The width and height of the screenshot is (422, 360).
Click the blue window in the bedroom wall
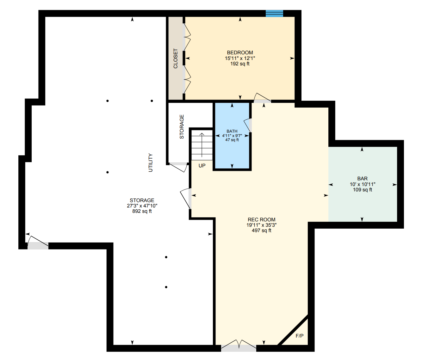tap(274, 14)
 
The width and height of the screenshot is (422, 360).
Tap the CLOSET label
tap(176, 58)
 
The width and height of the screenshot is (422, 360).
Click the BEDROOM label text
tap(240, 53)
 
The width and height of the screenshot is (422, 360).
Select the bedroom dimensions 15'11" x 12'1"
tap(240, 58)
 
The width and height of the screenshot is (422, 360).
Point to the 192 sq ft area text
tap(240, 64)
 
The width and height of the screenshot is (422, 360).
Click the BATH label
tap(232, 131)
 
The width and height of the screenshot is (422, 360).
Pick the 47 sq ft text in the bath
tap(232, 140)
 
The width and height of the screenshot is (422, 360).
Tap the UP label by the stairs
tap(202, 165)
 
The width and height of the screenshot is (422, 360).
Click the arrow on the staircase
tap(202, 145)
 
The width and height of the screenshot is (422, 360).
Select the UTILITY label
tap(151, 163)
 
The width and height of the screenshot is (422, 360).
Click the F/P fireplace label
tap(300, 336)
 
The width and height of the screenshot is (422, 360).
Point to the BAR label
tap(363, 178)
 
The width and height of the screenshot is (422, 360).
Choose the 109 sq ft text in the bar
tap(363, 190)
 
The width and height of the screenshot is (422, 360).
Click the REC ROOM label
tap(262, 219)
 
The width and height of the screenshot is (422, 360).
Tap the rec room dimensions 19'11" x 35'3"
tap(262, 225)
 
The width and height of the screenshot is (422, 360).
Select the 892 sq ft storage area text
tap(142, 211)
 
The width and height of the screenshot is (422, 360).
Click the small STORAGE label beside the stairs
tap(182, 127)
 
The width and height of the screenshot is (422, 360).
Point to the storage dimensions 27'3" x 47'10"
tap(142, 206)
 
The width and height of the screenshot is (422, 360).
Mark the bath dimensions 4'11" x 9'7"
tap(232, 135)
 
